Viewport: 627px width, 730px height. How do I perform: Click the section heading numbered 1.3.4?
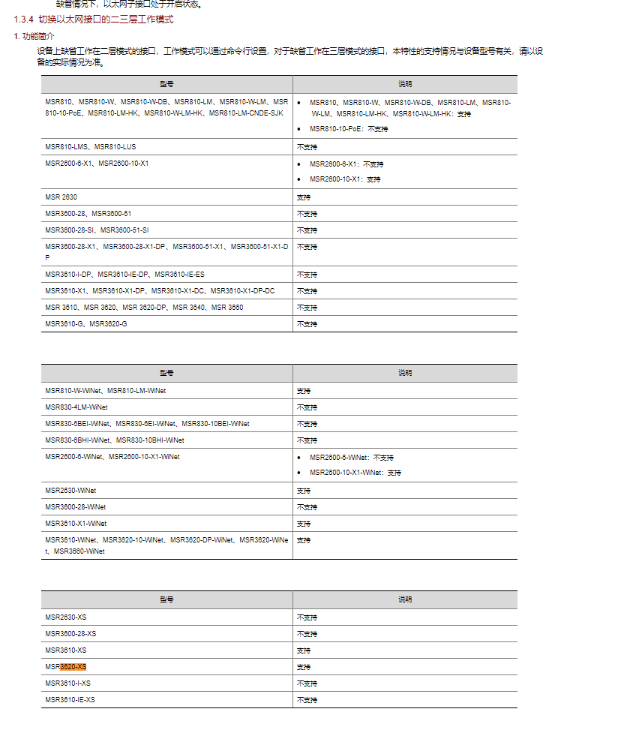pos(93,20)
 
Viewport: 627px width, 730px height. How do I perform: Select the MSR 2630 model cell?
pos(61,197)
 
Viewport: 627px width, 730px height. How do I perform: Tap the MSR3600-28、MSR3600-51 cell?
pos(88,213)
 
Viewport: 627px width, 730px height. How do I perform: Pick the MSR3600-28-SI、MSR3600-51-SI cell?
pos(97,230)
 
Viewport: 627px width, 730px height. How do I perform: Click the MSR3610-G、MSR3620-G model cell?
pos(85,324)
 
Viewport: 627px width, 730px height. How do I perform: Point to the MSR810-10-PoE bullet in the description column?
pos(349,129)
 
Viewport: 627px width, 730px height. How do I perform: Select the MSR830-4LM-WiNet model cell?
pos(76,407)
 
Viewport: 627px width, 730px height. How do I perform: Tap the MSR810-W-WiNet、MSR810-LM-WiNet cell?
pos(106,391)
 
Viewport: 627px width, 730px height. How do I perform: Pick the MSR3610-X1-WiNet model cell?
pos(76,524)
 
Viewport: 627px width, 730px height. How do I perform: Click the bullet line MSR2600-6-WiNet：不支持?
pos(352,458)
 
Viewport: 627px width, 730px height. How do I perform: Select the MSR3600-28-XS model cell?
pos(70,634)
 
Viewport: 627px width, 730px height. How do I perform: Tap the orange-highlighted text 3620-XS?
pos(73,667)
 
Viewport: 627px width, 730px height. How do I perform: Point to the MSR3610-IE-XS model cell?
pos(70,700)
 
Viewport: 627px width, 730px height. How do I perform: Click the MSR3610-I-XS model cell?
pos(67,683)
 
